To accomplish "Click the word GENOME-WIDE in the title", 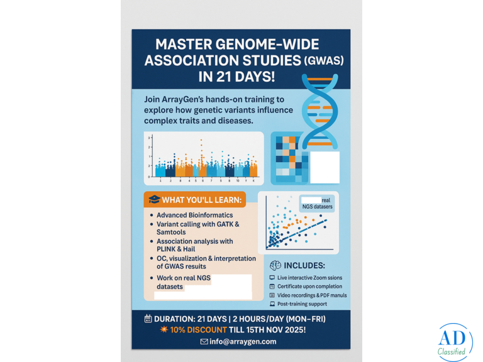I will click(x=267, y=45).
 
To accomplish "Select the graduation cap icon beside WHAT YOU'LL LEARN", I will click(x=153, y=200).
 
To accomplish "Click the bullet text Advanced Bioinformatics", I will click(x=194, y=215).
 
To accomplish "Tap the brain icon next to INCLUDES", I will click(x=275, y=265).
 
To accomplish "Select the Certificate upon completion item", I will click(x=308, y=286).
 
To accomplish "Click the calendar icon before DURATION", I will click(x=148, y=319).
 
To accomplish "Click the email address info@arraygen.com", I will click(x=242, y=341).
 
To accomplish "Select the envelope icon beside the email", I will click(x=204, y=341).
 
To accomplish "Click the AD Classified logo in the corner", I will click(x=455, y=343).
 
